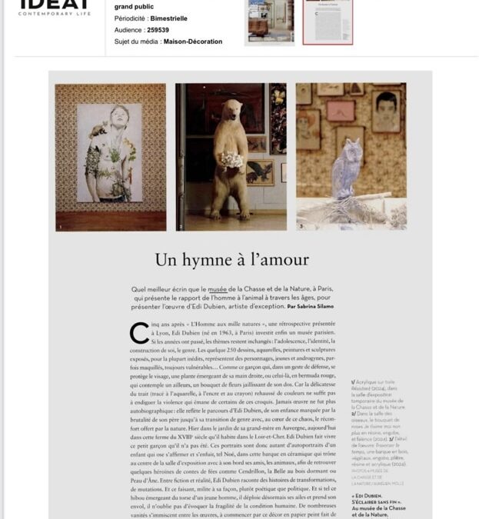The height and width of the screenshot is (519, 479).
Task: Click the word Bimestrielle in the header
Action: click(168, 18)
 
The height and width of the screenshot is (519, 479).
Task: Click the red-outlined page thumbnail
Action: click(327, 22)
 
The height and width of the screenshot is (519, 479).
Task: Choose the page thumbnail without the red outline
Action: click(269, 22)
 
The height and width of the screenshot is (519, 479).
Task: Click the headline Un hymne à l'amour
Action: click(231, 260)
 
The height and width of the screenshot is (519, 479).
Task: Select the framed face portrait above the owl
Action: click(387, 111)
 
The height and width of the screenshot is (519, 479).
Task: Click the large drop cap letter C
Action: click(139, 332)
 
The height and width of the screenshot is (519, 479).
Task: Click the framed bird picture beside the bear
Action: click(259, 171)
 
